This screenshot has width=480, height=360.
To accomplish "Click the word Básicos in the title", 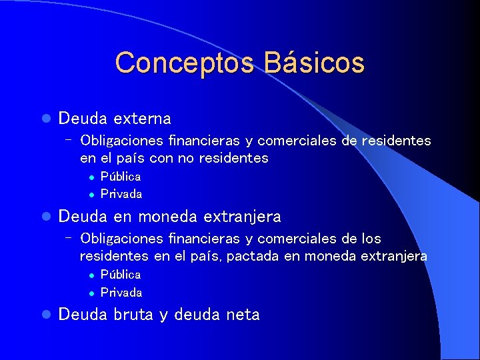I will click(x=314, y=63).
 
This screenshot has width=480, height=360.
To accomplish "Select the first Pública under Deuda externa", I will click(x=121, y=177).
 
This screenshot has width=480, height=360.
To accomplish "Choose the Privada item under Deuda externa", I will click(x=121, y=195).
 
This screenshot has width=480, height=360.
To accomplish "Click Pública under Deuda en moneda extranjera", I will click(x=121, y=275).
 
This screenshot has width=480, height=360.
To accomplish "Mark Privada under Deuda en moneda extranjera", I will click(x=121, y=293).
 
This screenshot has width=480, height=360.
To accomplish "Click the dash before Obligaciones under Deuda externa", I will click(x=69, y=140).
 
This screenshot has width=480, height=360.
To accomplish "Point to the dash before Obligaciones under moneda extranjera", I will click(x=69, y=238).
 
